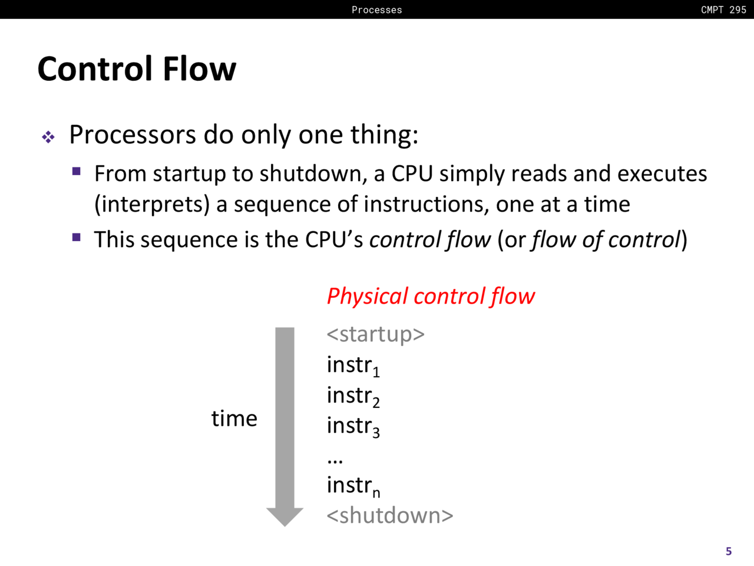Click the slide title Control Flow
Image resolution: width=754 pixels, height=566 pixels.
[137, 69]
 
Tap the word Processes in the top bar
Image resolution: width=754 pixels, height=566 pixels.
[377, 10]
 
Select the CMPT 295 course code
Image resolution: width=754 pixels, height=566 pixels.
[723, 10]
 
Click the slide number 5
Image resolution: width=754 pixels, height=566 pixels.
[729, 551]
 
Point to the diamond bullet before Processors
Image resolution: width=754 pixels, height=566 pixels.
[48, 137]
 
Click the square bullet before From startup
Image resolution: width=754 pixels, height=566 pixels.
[76, 171]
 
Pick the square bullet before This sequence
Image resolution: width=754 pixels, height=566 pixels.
[76, 237]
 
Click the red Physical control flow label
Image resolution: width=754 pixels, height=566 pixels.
[431, 296]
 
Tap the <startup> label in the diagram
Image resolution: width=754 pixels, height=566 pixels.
[375, 334]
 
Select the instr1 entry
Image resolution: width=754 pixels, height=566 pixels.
[353, 366]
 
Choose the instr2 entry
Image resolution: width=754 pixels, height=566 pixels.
[353, 396]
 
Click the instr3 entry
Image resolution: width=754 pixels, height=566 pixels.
[353, 426]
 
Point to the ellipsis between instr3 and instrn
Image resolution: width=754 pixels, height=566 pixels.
[335, 461]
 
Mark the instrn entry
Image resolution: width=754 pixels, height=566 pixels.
[353, 486]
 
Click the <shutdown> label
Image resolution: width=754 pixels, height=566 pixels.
[390, 515]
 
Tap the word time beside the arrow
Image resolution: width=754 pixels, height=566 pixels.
[234, 419]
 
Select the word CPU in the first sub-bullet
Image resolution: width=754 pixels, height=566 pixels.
[412, 173]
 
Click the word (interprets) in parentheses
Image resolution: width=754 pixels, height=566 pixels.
[152, 205]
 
